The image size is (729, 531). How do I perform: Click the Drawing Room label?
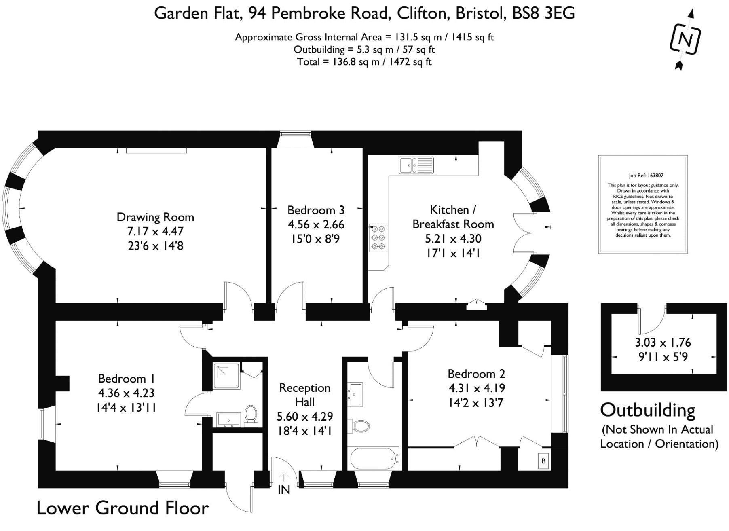click(x=155, y=217)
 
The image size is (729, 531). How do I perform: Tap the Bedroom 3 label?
click(x=316, y=210)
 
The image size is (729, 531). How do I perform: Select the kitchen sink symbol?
click(x=416, y=165)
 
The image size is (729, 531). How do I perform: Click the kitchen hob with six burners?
click(x=378, y=237)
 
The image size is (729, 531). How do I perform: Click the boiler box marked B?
click(x=543, y=461)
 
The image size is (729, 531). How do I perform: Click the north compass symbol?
click(x=685, y=39)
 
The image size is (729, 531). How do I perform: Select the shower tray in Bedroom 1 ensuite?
click(x=226, y=376)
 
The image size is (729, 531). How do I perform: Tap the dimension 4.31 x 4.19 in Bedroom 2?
click(x=477, y=388)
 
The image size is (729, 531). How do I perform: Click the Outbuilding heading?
click(x=648, y=410)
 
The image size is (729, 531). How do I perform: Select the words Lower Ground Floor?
click(x=123, y=508)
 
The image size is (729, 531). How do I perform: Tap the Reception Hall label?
click(x=305, y=395)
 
